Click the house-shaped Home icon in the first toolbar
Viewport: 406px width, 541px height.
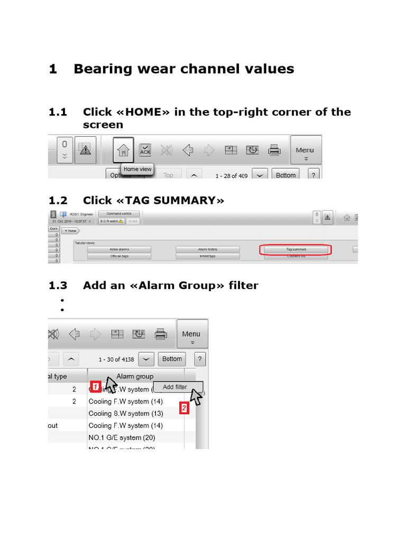coord(123,151)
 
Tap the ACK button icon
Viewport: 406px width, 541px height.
coord(145,151)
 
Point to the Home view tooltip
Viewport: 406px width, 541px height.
coord(137,169)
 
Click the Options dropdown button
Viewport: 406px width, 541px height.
coord(125,175)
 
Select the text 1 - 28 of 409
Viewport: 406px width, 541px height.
coord(232,175)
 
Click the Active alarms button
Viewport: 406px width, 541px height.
coord(119,249)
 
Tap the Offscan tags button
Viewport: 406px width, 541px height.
coord(119,256)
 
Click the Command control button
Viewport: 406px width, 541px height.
coord(119,213)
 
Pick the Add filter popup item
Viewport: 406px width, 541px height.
coord(174,387)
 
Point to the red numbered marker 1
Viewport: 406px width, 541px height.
coord(95,387)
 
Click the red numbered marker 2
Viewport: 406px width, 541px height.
coord(184,408)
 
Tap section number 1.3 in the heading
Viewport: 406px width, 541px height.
coord(58,285)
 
